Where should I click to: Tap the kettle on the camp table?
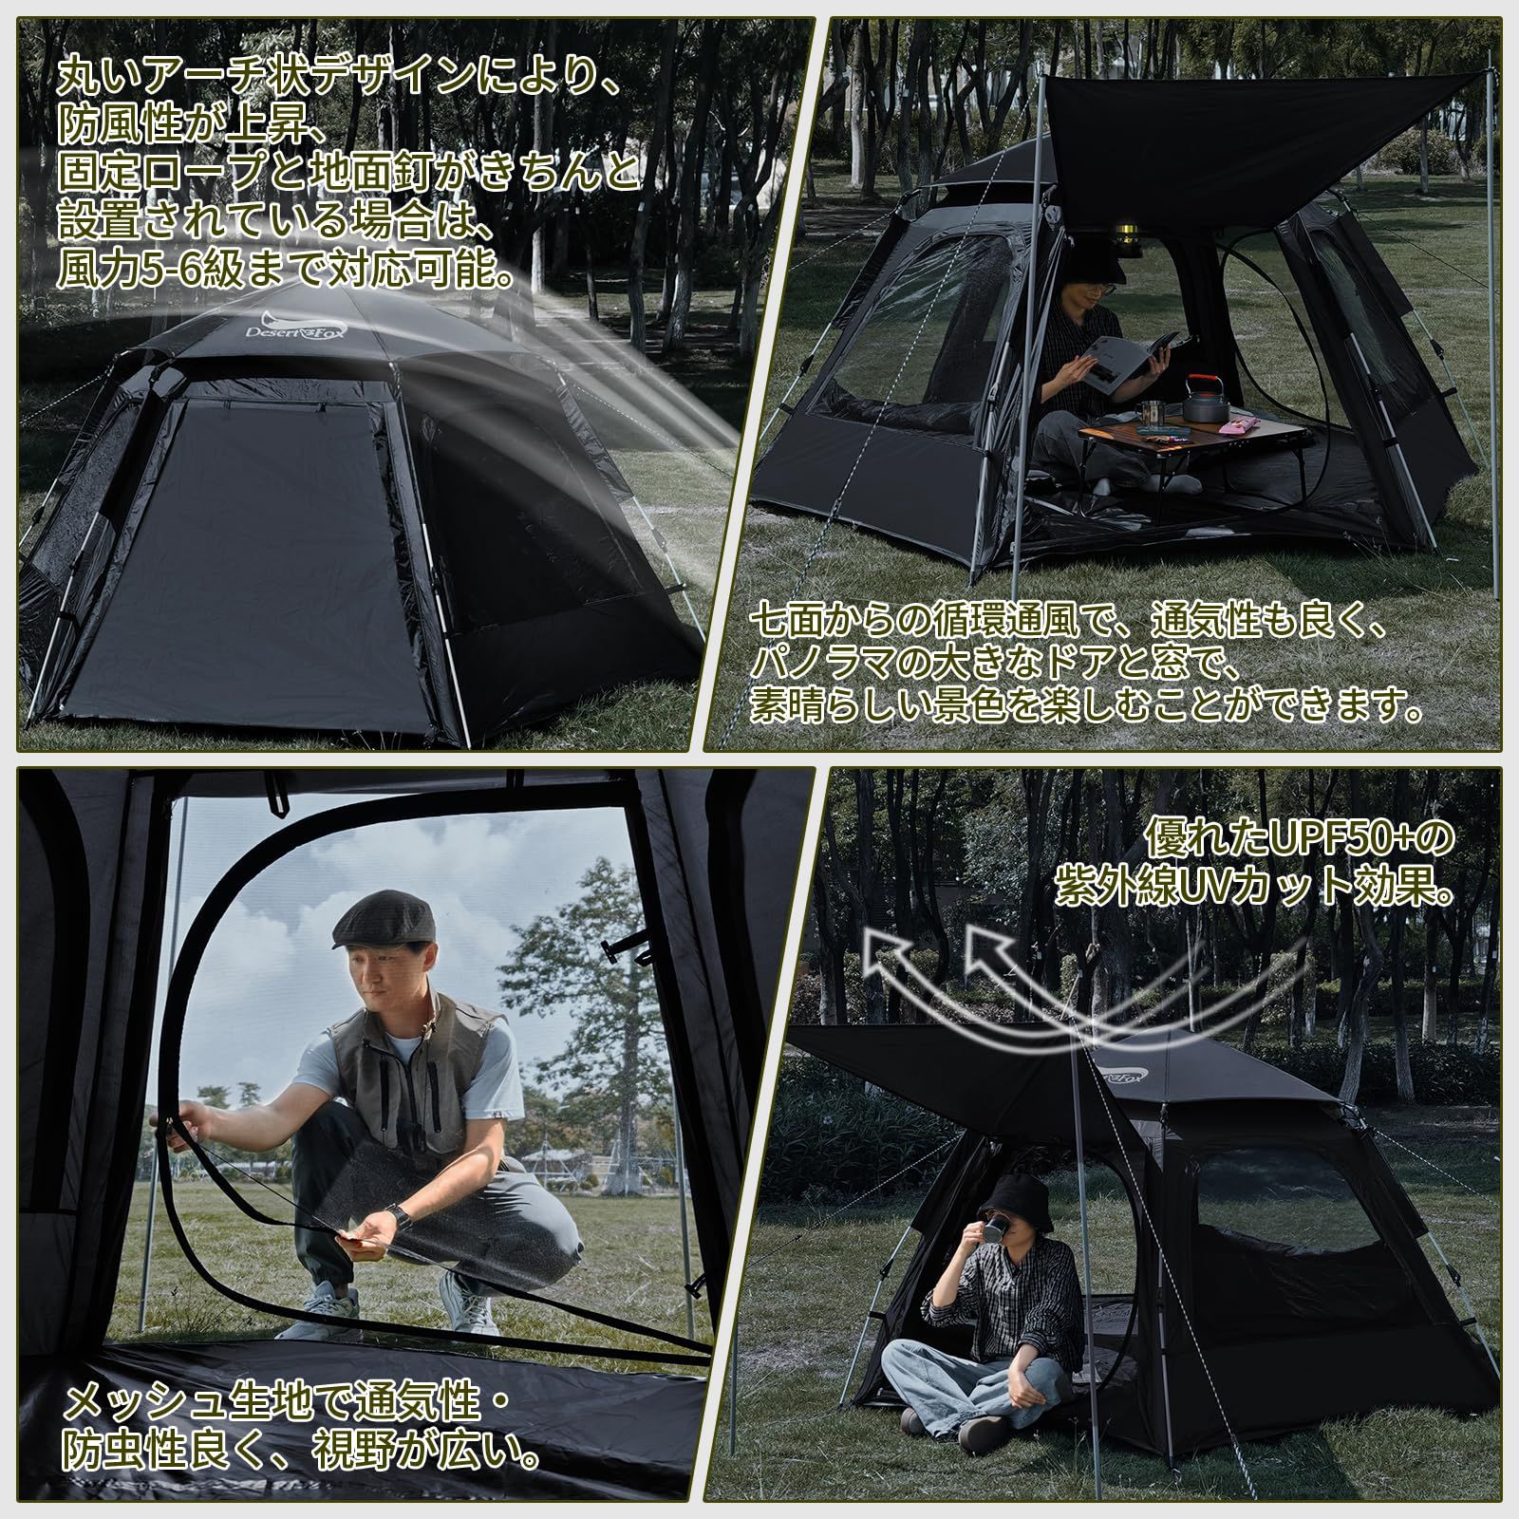1205,401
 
